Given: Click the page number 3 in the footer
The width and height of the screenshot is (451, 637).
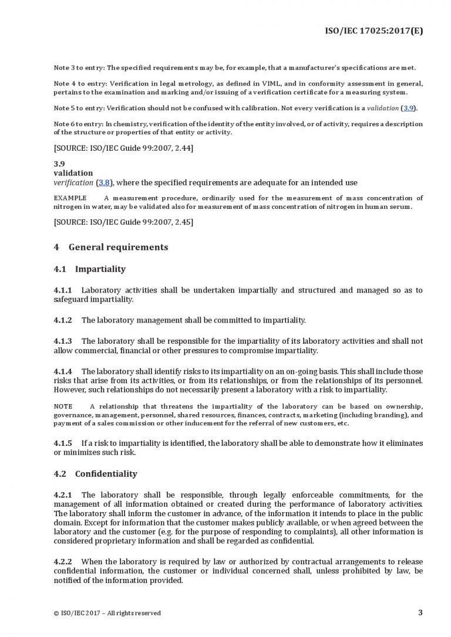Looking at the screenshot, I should [x=420, y=612].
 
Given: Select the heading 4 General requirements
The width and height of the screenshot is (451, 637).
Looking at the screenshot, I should [x=110, y=247].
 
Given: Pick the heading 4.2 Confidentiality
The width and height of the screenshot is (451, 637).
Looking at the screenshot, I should [x=95, y=473].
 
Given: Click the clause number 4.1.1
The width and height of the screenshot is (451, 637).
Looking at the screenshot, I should [x=63, y=290].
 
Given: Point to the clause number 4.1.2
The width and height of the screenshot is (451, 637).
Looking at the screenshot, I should [x=63, y=320].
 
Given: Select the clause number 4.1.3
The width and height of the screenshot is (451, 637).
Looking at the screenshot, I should [x=63, y=341].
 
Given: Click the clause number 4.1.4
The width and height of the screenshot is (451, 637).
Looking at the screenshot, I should [x=63, y=371].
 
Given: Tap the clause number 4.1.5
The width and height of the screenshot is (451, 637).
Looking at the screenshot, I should [x=63, y=443].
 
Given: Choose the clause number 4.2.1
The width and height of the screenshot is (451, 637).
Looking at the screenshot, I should [x=63, y=495].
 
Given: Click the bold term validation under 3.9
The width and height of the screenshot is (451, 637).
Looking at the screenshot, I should [x=73, y=173].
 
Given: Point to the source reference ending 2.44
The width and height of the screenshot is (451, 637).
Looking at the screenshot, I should [x=123, y=148].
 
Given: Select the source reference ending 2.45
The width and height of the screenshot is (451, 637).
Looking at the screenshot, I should [x=123, y=222].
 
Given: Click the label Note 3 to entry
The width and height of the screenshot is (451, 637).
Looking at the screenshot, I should [x=77, y=68].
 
